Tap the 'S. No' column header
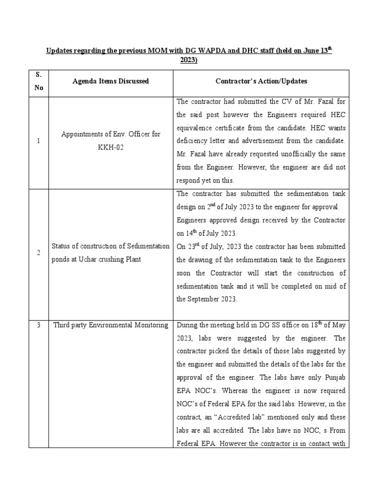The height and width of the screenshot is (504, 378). [x=38, y=81]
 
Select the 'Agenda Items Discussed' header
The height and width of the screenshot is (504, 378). [x=110, y=81]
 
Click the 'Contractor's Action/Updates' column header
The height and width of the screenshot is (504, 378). [x=261, y=81]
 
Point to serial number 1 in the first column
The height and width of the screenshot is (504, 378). [x=38, y=141]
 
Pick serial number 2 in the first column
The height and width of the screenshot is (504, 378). [x=38, y=252]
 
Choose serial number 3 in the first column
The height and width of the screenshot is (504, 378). [x=38, y=325]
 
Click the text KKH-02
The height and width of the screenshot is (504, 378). [x=110, y=147]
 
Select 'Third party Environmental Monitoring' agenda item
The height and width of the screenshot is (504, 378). [x=110, y=325]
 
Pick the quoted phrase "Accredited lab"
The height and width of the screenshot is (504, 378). [x=232, y=417]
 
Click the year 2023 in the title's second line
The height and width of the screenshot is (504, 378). [x=188, y=60]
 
